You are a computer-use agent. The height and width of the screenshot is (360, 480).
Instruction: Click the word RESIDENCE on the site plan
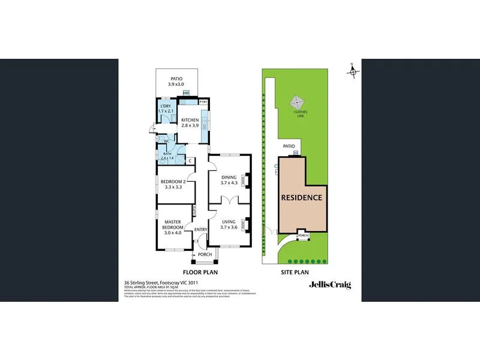coord(302,197)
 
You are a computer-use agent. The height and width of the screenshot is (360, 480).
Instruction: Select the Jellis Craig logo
coord(329,285)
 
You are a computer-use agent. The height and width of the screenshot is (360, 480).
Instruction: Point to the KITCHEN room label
coord(190,120)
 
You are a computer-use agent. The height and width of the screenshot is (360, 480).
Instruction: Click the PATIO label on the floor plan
coord(176,78)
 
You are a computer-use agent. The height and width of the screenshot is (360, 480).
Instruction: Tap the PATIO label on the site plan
coord(289,145)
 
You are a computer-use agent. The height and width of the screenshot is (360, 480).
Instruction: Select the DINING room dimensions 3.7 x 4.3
coord(229,184)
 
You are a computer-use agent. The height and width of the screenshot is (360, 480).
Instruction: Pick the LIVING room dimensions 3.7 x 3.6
coord(229,227)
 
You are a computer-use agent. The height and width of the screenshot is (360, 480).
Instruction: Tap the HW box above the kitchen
coord(186,93)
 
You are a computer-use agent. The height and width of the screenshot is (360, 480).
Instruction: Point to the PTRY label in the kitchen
coord(203,101)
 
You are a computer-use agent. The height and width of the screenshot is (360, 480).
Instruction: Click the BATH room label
coord(167,154)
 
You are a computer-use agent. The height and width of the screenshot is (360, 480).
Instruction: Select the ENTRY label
coord(200,229)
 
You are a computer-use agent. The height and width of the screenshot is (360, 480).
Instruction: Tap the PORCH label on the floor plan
coord(205,254)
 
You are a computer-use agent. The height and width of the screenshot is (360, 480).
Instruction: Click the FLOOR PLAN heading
coord(200,272)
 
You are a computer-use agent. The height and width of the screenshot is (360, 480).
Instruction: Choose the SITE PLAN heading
coord(295,272)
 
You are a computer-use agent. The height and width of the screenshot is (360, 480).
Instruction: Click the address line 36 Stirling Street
coord(161,283)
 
